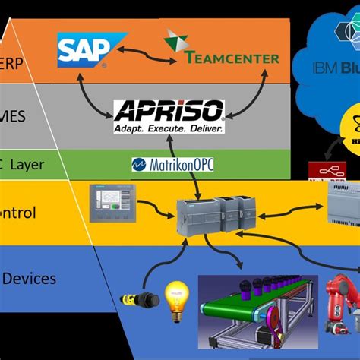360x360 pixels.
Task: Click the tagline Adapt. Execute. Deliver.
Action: (168, 128)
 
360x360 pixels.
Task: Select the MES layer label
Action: (17, 115)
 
